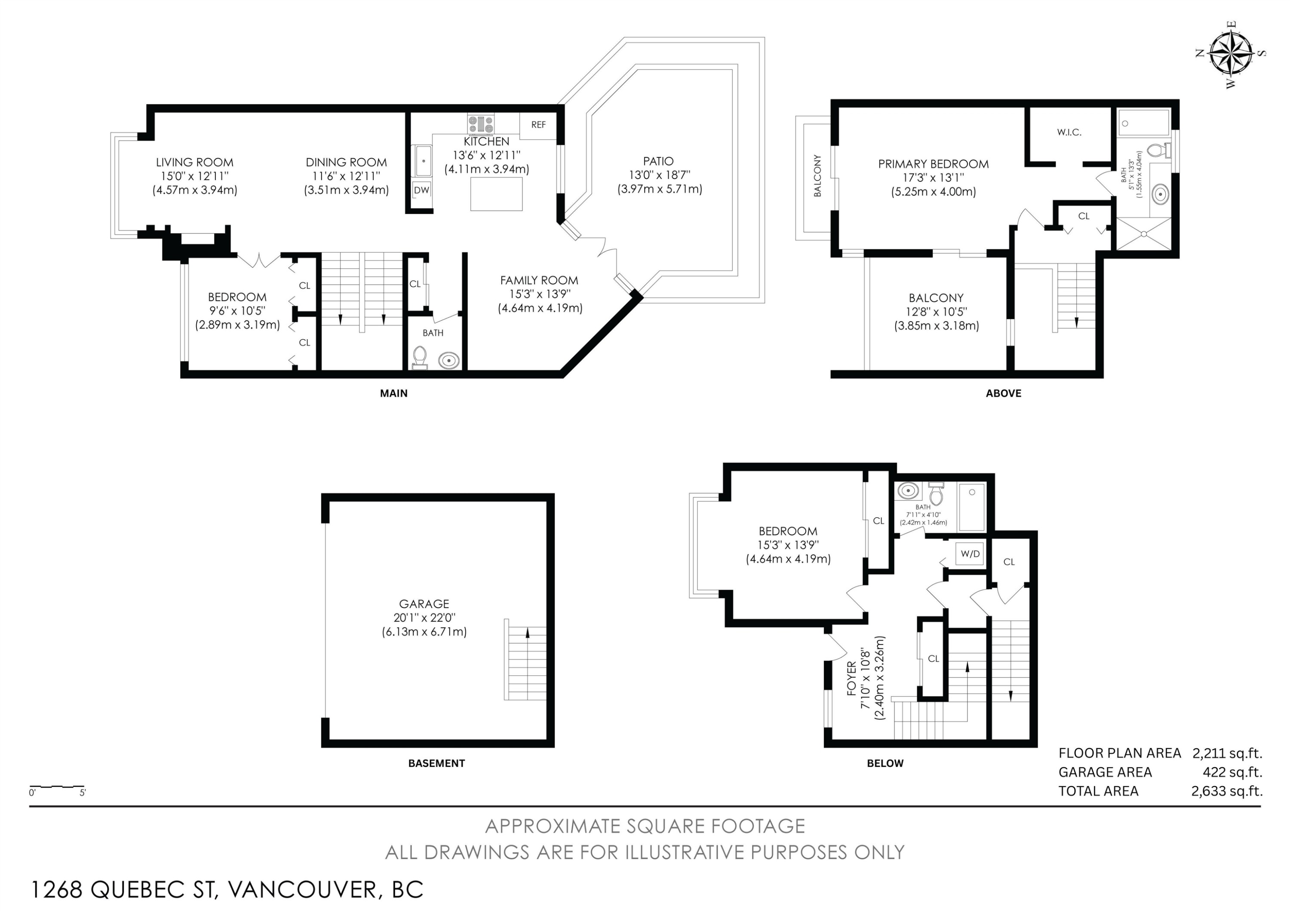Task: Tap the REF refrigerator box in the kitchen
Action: [537, 125]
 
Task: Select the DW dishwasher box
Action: [421, 190]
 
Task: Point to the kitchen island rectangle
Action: [496, 194]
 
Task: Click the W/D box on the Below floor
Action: [971, 554]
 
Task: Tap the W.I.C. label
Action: [1069, 132]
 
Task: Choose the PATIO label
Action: [658, 161]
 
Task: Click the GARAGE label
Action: [424, 604]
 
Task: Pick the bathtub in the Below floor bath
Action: [971, 506]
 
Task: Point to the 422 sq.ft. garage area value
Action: [1232, 772]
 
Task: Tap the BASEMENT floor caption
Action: [436, 763]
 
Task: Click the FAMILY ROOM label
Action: [539, 280]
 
